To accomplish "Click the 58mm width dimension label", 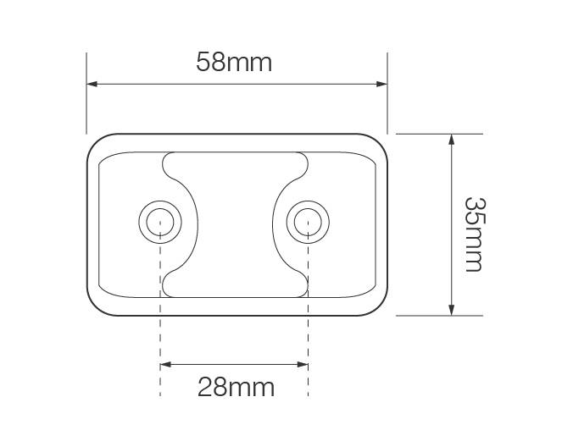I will (x=234, y=62).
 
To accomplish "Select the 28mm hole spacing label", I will (x=236, y=388).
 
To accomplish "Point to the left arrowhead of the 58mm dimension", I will (x=92, y=84).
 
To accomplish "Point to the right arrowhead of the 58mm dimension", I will (x=382, y=84).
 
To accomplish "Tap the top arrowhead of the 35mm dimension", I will (x=451, y=139).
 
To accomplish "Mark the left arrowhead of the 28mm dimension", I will (x=164, y=365).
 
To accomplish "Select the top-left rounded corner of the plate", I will (x=95, y=142).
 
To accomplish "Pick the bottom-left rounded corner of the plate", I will (x=95, y=306).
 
